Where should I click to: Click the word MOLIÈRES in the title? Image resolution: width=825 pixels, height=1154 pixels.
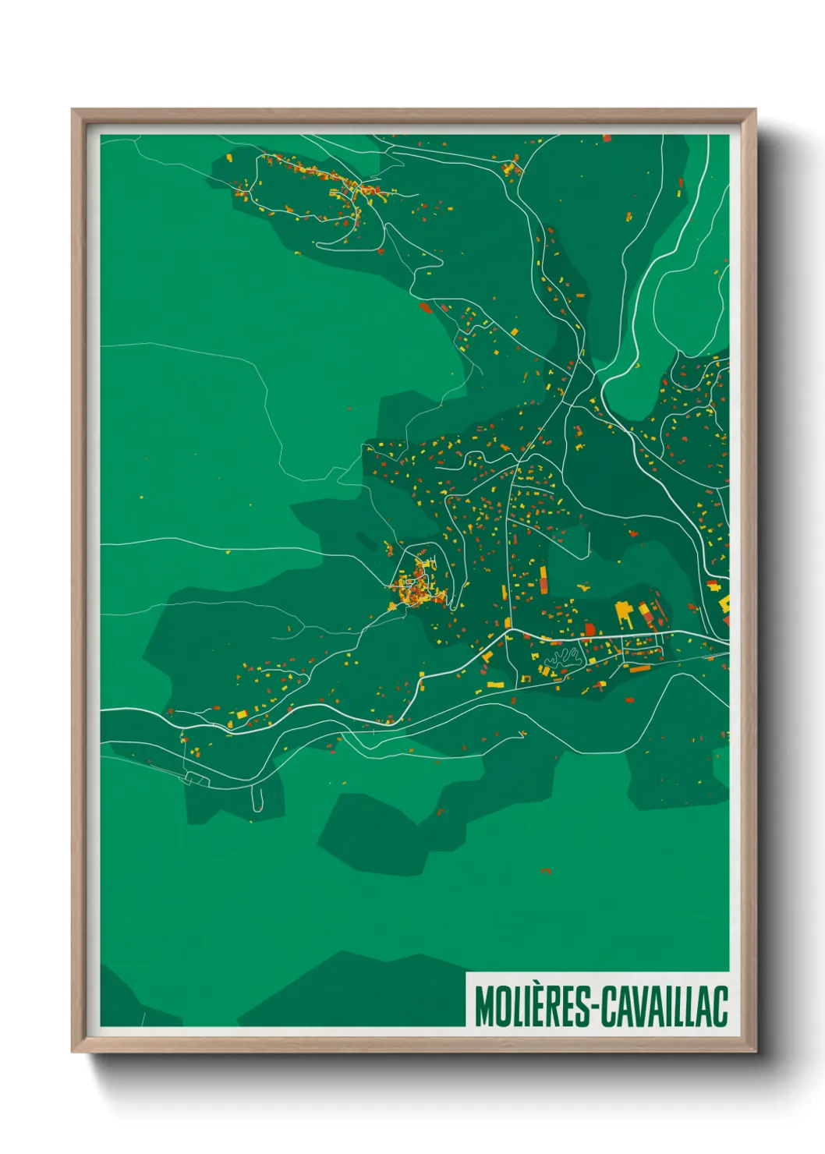[x=533, y=1007]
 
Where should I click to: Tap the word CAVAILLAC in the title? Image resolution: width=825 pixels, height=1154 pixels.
[x=665, y=1007]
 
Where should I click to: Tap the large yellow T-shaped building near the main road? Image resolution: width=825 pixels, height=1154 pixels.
[x=624, y=611]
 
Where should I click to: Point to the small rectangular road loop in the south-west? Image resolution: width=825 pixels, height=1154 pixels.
[x=197, y=778]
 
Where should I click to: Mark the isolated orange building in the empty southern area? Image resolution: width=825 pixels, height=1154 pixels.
[x=546, y=870]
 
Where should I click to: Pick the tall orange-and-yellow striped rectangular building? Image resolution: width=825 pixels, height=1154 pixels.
[x=544, y=579]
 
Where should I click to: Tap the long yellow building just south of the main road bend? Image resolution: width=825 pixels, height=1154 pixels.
[x=496, y=685]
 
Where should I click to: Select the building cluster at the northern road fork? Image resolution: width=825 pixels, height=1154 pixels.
[x=512, y=167]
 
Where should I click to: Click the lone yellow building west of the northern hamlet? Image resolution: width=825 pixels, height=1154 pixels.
[x=229, y=158]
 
